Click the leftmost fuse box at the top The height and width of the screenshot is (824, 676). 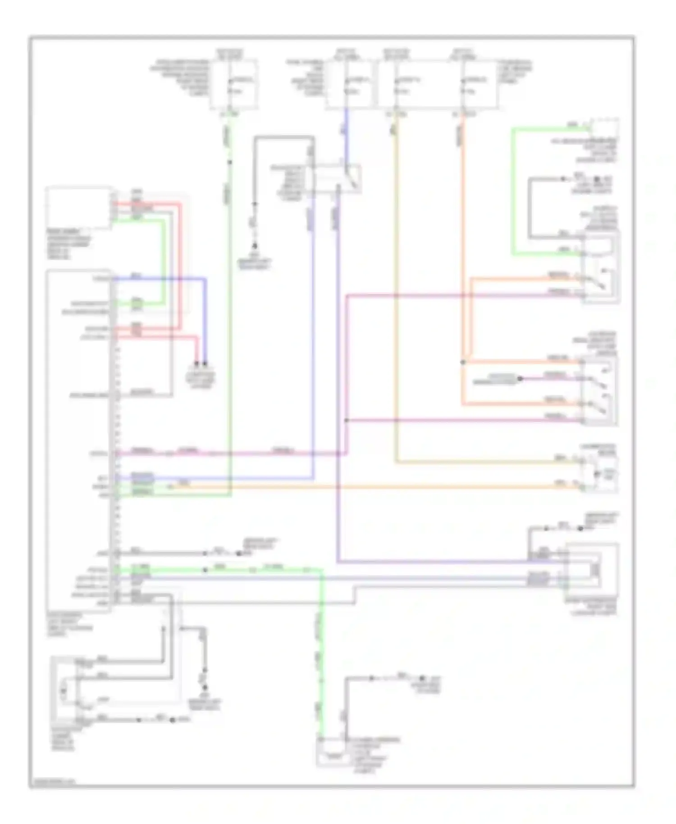click(x=234, y=84)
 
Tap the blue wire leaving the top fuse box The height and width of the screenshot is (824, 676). click(x=346, y=135)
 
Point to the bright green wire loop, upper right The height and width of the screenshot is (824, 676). click(x=513, y=189)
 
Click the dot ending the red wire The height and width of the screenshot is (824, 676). click(x=196, y=363)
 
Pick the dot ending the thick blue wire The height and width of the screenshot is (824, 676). click(x=205, y=363)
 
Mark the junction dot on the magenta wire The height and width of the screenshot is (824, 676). click(x=346, y=420)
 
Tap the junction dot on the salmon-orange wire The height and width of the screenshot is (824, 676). click(x=463, y=362)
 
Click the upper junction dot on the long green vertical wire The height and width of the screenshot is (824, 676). click(x=230, y=162)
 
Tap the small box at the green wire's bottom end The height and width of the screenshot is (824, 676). click(x=332, y=752)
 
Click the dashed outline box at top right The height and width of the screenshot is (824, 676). click(x=605, y=128)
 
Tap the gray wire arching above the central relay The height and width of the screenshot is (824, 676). click(x=284, y=137)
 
